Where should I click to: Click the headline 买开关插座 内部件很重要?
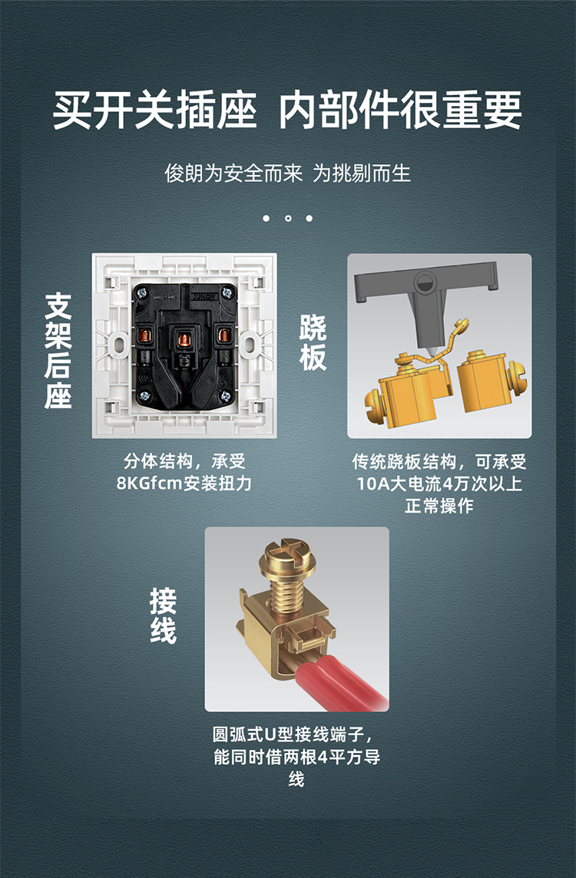[x=287, y=110]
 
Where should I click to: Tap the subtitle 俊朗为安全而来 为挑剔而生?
[x=287, y=173]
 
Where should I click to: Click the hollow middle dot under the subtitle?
[x=288, y=219]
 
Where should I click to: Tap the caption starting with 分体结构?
[x=184, y=473]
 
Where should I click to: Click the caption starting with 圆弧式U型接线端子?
[x=296, y=757]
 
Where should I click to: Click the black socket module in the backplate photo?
[x=184, y=345]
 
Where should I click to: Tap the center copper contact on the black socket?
[x=184, y=337]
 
